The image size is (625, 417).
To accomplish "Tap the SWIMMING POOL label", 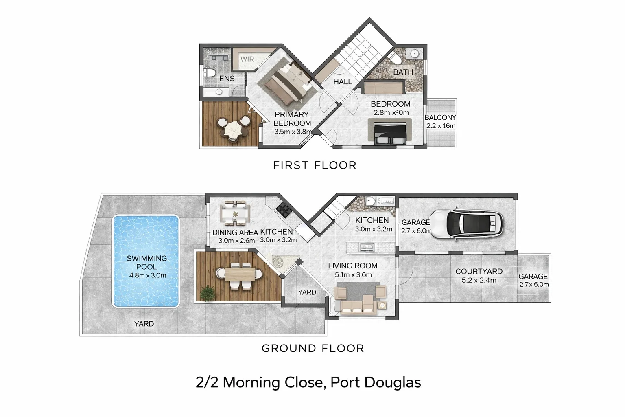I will (x=146, y=262).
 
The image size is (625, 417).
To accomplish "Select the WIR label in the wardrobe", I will (x=247, y=59).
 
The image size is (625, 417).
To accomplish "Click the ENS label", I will (x=227, y=79).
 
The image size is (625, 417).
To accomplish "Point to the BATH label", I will (x=403, y=72).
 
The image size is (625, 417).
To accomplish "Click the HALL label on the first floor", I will (x=343, y=82).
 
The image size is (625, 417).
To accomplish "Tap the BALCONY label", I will (x=440, y=117).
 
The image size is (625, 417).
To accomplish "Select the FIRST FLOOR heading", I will (x=315, y=165).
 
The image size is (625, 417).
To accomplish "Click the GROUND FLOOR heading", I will (x=312, y=349).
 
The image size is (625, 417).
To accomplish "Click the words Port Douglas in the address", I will (x=376, y=383).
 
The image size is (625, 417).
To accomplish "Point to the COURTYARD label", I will (x=479, y=271).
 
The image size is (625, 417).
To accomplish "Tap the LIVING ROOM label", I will (x=352, y=266).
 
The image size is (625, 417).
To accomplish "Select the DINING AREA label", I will (x=235, y=233).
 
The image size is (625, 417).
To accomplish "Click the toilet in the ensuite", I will (x=210, y=73).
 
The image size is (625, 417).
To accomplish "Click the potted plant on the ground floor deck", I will (x=208, y=292).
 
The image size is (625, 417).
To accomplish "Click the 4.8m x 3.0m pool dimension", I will (x=147, y=275).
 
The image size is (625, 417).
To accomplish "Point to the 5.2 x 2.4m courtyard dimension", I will (x=479, y=280).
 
